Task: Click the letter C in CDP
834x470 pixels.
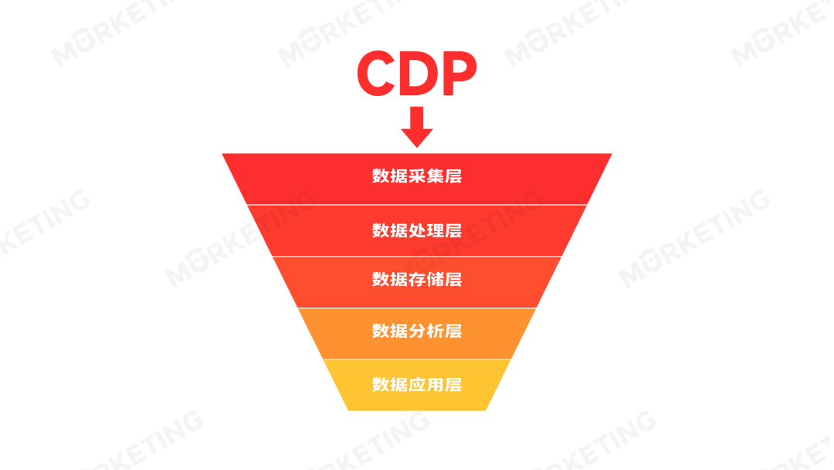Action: click(375, 73)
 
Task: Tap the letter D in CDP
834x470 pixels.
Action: click(418, 73)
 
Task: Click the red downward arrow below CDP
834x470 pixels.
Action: click(417, 128)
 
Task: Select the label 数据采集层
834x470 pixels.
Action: click(417, 176)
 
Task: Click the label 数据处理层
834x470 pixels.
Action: click(417, 230)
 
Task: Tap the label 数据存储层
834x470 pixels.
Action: click(417, 279)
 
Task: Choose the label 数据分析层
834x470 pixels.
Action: click(417, 331)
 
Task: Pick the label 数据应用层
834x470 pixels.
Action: click(417, 384)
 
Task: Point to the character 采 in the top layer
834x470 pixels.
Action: click(417, 176)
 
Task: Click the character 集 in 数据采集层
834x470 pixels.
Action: click(435, 176)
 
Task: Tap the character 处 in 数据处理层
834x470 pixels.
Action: click(417, 230)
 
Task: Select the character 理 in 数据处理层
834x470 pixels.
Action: click(435, 230)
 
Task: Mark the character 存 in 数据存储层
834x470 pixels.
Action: click(417, 279)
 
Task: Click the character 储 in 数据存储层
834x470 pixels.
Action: click(435, 279)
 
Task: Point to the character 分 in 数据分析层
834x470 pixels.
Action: click(417, 331)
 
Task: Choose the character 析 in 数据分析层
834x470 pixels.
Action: click(435, 331)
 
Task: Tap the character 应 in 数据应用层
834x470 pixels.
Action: click(417, 384)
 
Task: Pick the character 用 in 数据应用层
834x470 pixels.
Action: click(435, 384)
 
